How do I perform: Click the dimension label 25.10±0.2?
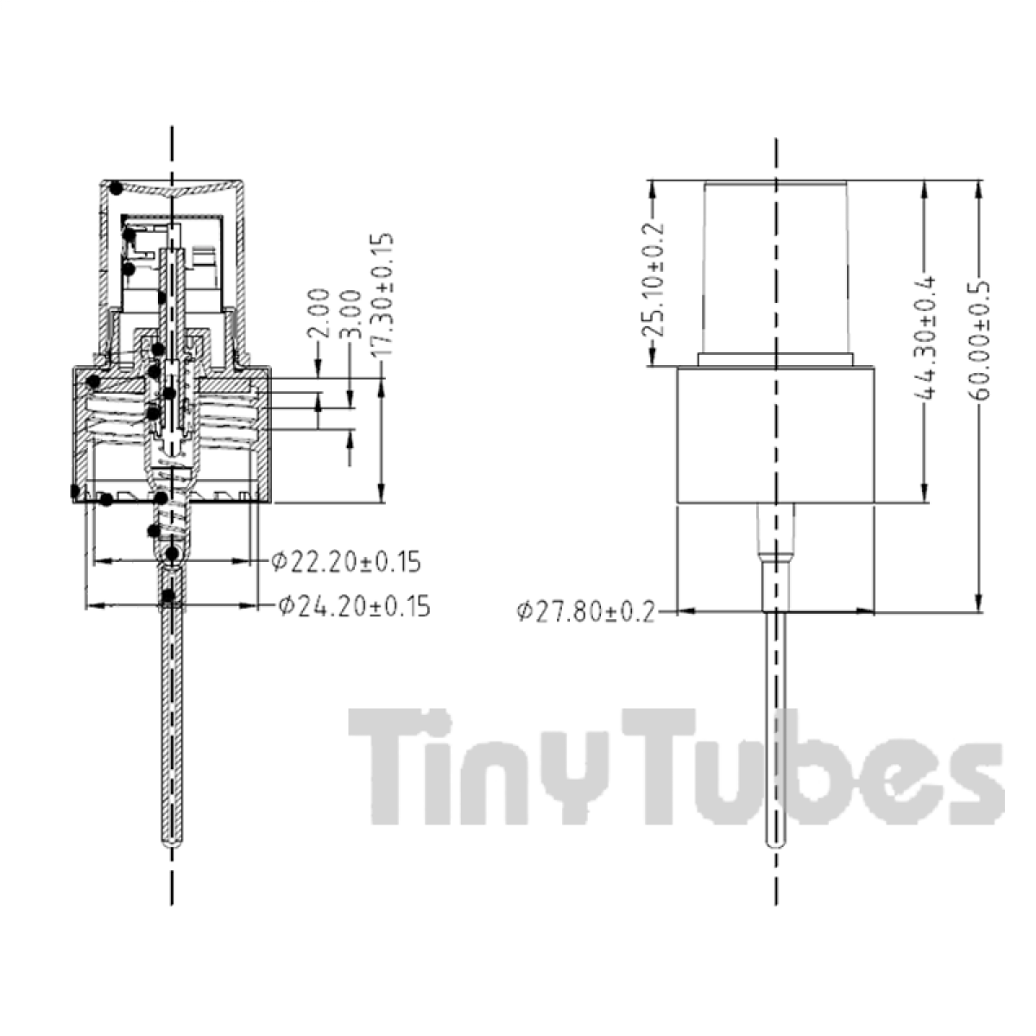pos(654,280)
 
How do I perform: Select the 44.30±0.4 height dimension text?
pos(925,338)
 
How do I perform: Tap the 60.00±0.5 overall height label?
pos(979,340)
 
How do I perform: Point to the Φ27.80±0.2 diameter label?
pos(586,612)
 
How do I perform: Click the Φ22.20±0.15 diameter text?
pos(345,562)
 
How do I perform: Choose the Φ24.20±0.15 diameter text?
pos(354,606)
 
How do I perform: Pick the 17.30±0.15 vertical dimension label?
pos(382,294)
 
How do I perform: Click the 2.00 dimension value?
pos(319,313)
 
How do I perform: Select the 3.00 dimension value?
pos(351,314)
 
